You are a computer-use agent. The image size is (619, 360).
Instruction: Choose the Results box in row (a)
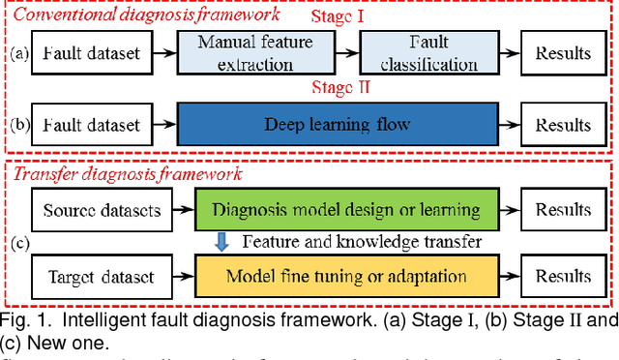tap(564, 53)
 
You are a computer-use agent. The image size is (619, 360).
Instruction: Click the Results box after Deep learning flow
tap(564, 125)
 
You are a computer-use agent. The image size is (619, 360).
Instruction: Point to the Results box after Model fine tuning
tap(564, 277)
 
